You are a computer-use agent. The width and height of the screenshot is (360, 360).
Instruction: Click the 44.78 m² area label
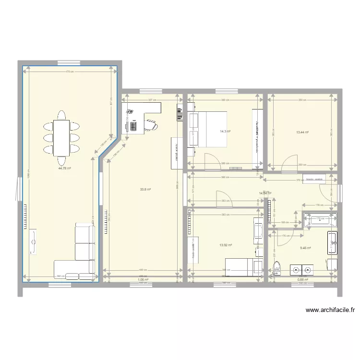click(x=64, y=168)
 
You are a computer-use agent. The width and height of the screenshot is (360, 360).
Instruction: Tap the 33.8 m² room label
click(x=145, y=189)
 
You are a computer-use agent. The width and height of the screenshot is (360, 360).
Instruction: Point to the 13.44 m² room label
click(x=302, y=132)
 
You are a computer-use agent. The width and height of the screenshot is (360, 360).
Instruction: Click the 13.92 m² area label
click(x=226, y=245)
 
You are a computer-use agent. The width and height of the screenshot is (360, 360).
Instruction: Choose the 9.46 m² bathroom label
click(x=305, y=248)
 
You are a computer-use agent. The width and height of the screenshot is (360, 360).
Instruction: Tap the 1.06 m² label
click(x=143, y=279)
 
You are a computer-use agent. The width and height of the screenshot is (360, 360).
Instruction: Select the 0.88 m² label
click(x=302, y=279)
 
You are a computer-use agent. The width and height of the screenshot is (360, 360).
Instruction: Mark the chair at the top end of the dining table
click(x=61, y=116)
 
